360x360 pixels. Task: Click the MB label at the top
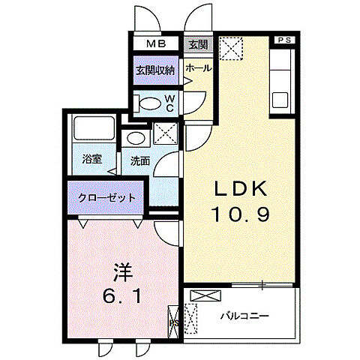click(156, 43)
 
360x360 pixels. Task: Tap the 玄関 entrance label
click(197, 43)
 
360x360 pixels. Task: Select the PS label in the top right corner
click(286, 39)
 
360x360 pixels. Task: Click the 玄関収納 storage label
click(155, 70)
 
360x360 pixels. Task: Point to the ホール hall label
click(197, 68)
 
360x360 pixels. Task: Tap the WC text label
click(169, 102)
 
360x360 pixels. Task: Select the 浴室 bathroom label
click(92, 160)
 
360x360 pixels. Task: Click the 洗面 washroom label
click(140, 160)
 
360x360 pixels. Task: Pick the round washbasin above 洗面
click(135, 137)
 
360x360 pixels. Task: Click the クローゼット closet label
click(108, 198)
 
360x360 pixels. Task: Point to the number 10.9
click(238, 214)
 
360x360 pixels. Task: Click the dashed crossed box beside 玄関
click(231, 50)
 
